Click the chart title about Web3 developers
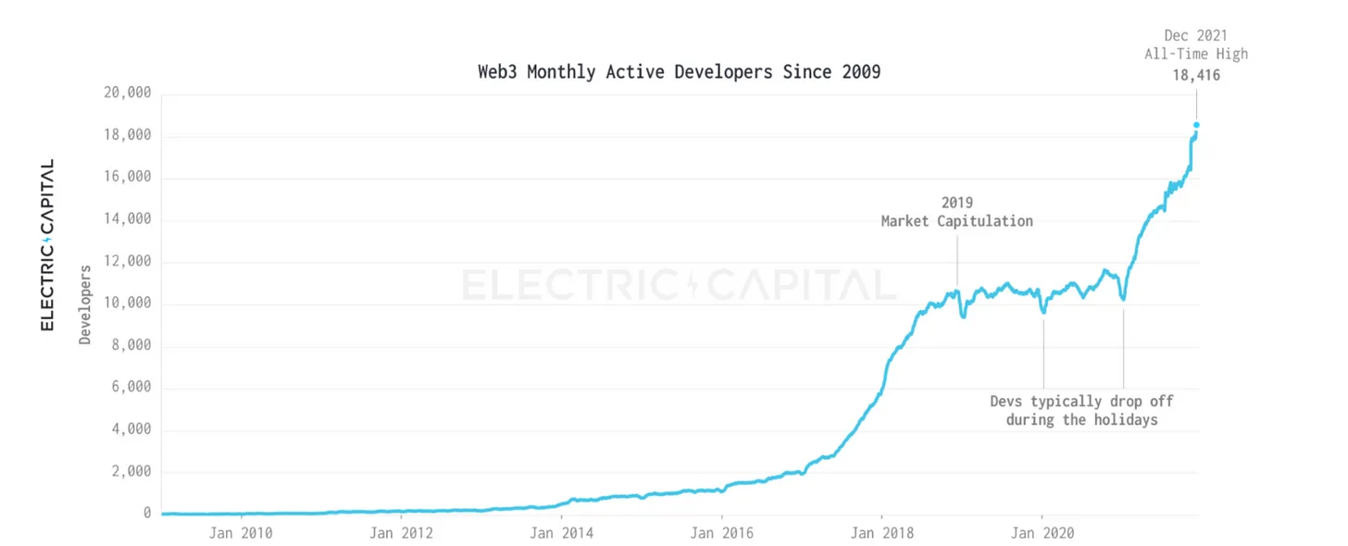[679, 71]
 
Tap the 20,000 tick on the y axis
[127, 93]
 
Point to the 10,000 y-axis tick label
[127, 304]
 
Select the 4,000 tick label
[131, 429]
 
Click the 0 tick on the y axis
[147, 513]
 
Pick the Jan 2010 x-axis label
[241, 533]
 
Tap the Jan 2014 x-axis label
[561, 533]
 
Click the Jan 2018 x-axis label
[881, 533]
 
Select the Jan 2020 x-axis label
[1042, 533]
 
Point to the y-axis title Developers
[85, 304]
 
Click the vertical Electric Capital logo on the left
[47, 245]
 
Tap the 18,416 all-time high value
[1196, 76]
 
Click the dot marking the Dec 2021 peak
[1196, 125]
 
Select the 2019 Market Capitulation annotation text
[956, 212]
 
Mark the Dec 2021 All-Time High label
[1196, 44]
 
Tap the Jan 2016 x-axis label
[721, 533]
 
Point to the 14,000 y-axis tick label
[127, 220]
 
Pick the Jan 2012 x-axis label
[401, 533]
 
